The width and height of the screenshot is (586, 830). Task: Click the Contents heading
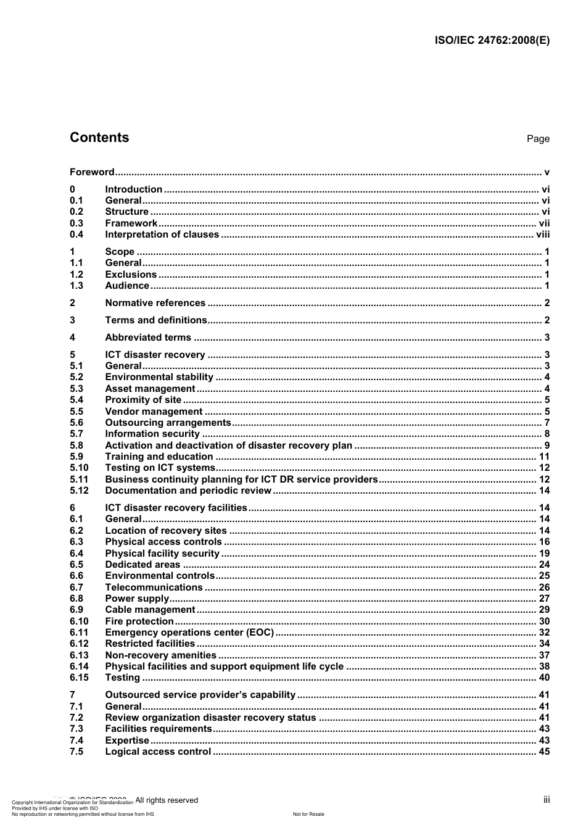pyautogui.click(x=99, y=138)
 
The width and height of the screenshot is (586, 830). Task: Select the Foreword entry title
pyautogui.click(x=92, y=172)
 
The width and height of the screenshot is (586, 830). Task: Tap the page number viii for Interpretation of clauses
pyautogui.click(x=542, y=234)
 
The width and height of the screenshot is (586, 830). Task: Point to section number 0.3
pyautogui.click(x=76, y=223)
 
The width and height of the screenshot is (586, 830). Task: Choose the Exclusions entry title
pyautogui.click(x=131, y=275)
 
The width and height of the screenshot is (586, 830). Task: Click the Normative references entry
pyautogui.click(x=155, y=303)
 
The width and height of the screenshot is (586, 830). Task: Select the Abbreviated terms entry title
pyautogui.click(x=148, y=338)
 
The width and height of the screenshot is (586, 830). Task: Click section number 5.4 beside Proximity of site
pyautogui.click(x=76, y=400)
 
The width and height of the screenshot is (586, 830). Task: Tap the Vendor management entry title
pyautogui.click(x=154, y=412)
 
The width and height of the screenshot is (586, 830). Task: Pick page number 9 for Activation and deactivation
pyautogui.click(x=547, y=446)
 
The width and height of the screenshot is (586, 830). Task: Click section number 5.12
pyautogui.click(x=79, y=491)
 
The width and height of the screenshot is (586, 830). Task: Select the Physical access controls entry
pyautogui.click(x=163, y=542)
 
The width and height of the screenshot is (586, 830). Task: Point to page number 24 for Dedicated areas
pyautogui.click(x=544, y=565)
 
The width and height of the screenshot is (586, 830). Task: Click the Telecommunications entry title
pyautogui.click(x=154, y=587)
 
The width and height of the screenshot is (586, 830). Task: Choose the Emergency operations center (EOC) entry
pyautogui.click(x=189, y=633)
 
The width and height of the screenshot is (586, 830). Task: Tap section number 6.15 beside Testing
pyautogui.click(x=79, y=678)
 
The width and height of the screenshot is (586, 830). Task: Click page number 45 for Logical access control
pyautogui.click(x=544, y=752)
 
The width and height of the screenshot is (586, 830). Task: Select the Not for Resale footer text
pyautogui.click(x=308, y=814)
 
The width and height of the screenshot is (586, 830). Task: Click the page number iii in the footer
pyautogui.click(x=547, y=800)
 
